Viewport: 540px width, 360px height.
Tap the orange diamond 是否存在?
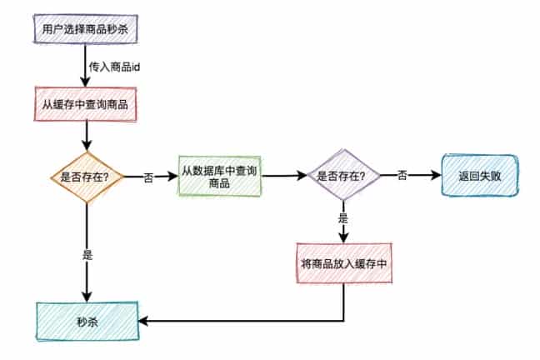87,177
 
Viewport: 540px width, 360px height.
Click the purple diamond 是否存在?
343,176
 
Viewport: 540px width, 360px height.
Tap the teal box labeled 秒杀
87,321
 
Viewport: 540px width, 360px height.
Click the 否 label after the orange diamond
148,177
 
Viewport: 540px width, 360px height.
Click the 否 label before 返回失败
402,176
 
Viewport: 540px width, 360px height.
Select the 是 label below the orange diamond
87,256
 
